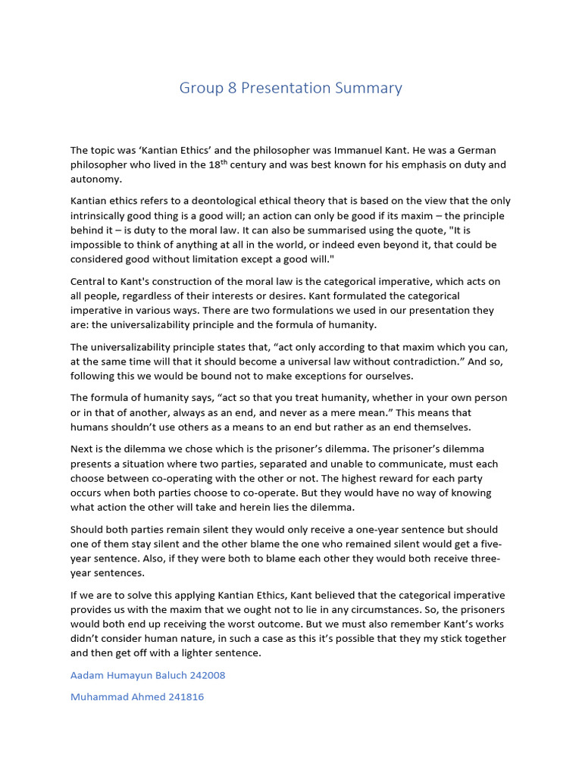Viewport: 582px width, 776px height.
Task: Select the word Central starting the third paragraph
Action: point(89,281)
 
